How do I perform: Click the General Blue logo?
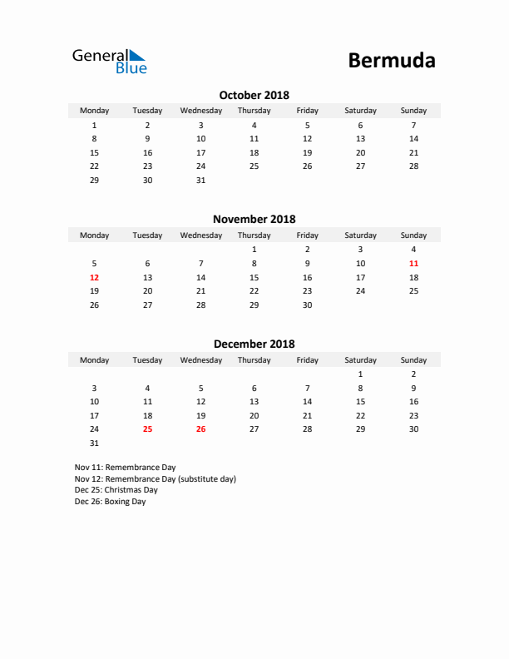point(109,61)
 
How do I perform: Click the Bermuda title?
point(391,60)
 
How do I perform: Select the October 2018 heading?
point(254,95)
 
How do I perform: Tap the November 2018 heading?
point(254,220)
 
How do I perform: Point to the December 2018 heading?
point(254,344)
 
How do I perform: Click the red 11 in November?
point(413,263)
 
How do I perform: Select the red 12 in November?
point(94,277)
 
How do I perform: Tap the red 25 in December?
point(147,429)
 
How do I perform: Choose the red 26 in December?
point(200,429)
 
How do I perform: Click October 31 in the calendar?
point(200,180)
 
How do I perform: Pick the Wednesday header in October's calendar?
point(200,111)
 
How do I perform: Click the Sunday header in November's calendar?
point(413,235)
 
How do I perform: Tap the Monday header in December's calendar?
point(94,360)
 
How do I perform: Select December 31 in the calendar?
point(94,443)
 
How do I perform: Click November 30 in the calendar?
point(307,305)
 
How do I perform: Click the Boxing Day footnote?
point(110,502)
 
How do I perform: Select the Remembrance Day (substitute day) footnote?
point(155,479)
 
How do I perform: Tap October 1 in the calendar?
point(94,125)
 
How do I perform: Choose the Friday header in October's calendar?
point(307,111)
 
